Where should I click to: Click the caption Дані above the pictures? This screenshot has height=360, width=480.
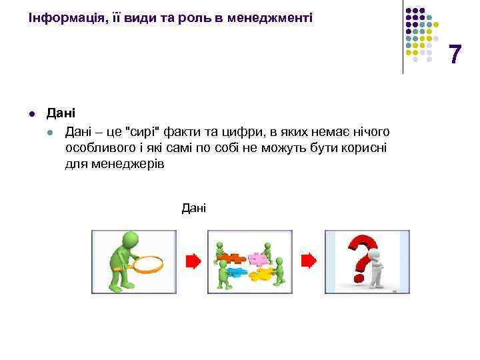194,209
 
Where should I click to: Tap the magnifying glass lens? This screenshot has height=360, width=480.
147,264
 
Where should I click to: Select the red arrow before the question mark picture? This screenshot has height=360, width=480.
309,261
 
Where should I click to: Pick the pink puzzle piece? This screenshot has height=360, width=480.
256,258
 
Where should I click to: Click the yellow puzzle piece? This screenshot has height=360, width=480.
259,273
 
